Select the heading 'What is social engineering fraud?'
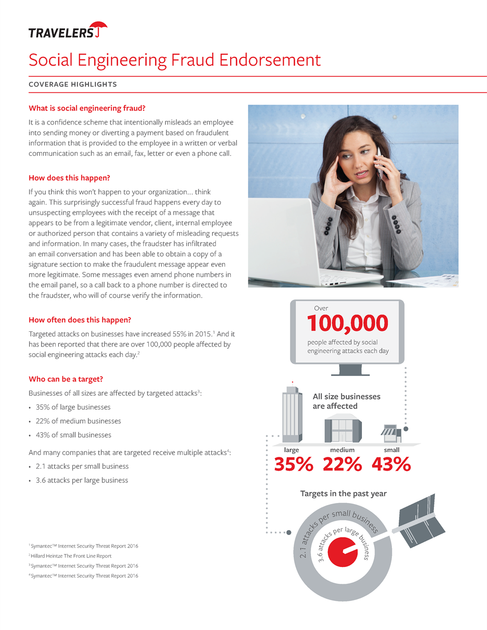(87, 108)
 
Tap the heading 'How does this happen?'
(69, 178)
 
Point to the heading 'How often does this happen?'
(79, 320)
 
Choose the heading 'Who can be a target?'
(68, 379)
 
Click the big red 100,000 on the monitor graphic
(348, 324)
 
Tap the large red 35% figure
(293, 465)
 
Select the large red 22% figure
(343, 465)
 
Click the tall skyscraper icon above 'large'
(292, 415)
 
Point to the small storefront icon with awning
(390, 433)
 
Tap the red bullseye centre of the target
(342, 552)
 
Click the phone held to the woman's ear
(379, 163)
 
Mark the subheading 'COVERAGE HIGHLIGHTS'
(72, 84)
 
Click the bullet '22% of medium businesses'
(78, 421)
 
